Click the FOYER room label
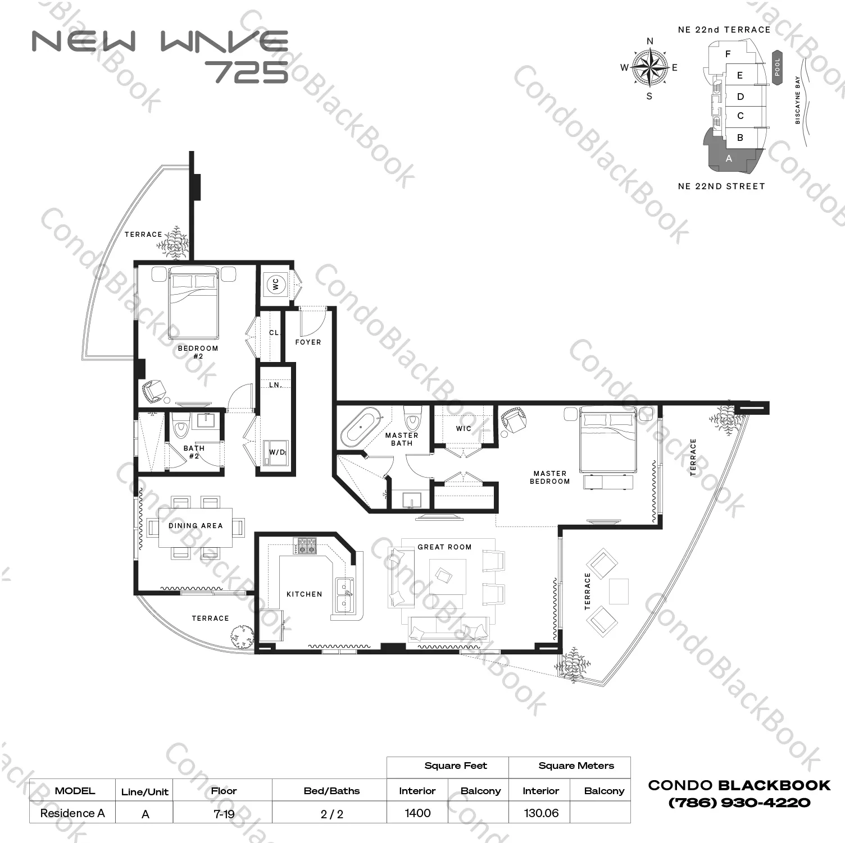click(x=308, y=342)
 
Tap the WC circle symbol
click(x=275, y=285)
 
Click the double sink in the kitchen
click(x=344, y=595)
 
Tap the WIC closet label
click(x=464, y=428)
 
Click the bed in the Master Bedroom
click(x=608, y=440)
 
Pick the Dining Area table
click(x=196, y=527)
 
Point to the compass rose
click(x=649, y=67)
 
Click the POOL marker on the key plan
click(x=778, y=68)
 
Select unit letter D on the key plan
click(x=740, y=97)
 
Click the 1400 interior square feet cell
click(x=417, y=813)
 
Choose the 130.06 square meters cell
click(x=541, y=813)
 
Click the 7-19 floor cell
click(x=224, y=813)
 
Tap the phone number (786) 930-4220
click(x=739, y=803)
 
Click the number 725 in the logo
click(x=247, y=71)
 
